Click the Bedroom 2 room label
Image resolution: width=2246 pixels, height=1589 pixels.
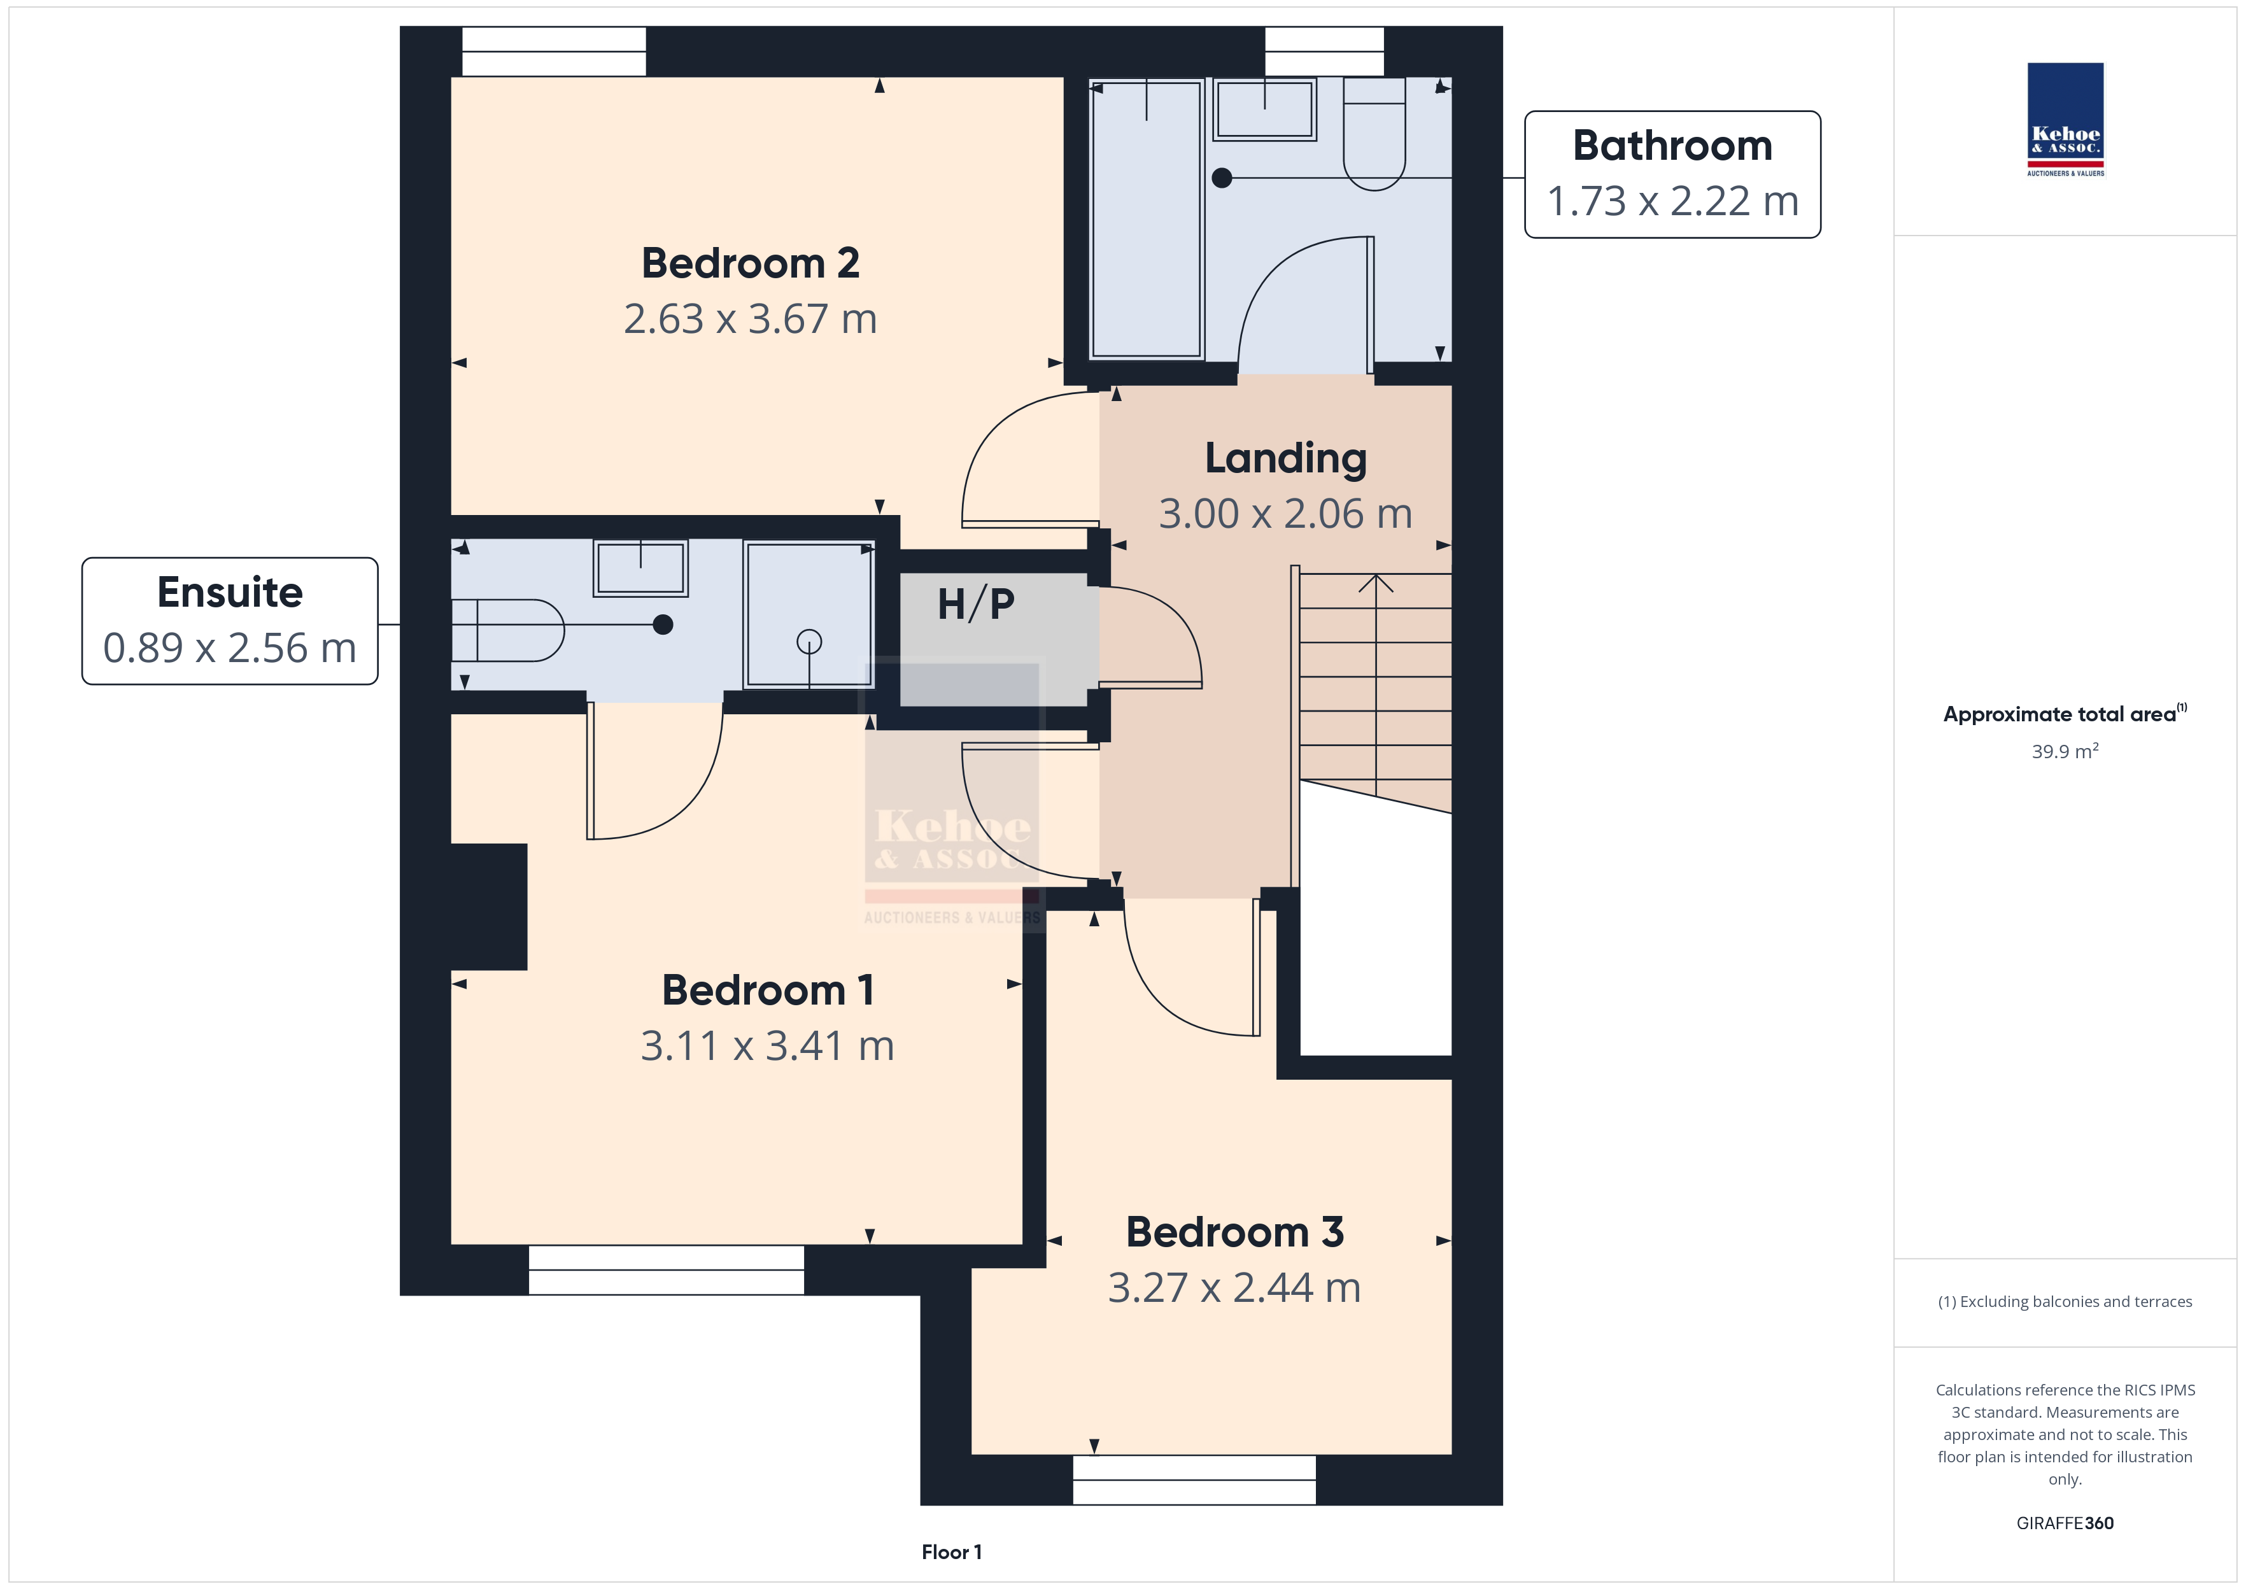point(751,263)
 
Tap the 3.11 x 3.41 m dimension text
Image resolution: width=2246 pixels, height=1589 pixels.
point(767,1046)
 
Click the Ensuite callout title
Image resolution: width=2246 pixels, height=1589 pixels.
point(230,592)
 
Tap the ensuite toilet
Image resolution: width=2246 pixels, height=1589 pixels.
point(507,630)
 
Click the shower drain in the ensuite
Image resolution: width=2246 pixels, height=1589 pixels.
point(809,642)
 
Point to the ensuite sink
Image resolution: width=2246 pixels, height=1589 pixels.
point(640,567)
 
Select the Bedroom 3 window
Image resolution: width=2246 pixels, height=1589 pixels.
point(1194,1480)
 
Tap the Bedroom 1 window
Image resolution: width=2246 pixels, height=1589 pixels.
point(666,1270)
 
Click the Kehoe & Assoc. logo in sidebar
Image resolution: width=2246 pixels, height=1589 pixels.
point(2065,120)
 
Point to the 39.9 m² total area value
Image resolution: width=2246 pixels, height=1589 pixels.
point(2065,751)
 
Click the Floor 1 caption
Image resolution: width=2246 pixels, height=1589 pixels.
point(951,1552)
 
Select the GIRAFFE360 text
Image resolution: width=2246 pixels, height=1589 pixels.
point(2065,1522)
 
